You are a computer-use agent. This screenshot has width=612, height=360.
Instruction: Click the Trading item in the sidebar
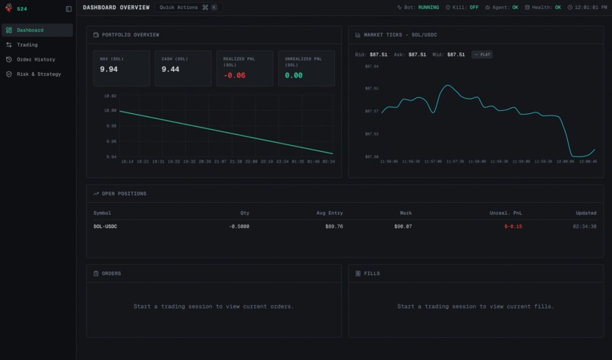27,45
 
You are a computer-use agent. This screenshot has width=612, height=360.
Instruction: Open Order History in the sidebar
36,59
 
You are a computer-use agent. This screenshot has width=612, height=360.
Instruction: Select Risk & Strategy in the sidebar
39,74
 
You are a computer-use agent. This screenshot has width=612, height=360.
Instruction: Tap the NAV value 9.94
109,69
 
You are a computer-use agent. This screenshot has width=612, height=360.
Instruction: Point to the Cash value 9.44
170,69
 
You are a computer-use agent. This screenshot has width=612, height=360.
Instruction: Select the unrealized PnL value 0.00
294,75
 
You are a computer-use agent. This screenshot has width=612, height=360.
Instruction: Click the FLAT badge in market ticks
481,55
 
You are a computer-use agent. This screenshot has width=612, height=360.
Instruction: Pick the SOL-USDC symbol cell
105,226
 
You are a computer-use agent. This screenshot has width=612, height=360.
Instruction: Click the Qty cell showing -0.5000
239,226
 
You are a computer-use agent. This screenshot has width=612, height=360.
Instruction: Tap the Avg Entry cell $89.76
334,226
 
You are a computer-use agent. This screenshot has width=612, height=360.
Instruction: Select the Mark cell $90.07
402,226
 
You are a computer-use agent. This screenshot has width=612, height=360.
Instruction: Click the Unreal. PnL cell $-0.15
513,226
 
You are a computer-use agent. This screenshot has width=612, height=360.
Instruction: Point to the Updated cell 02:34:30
585,226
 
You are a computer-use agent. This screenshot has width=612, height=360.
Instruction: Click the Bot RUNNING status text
428,8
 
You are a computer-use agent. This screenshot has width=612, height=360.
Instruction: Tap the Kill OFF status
474,8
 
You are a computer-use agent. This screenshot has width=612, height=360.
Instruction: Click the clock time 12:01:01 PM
591,8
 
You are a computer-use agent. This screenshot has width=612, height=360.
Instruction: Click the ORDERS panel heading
111,273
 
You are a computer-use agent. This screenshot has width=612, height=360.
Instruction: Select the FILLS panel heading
372,273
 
